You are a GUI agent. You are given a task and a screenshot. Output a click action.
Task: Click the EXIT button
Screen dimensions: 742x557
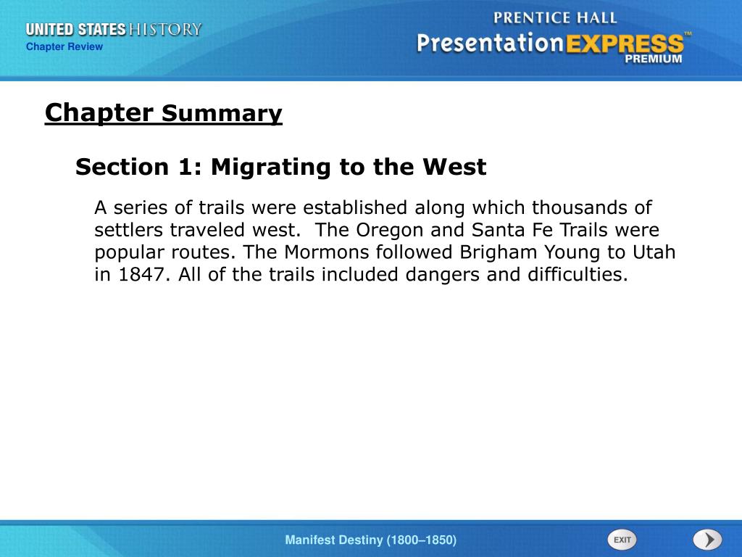click(622, 540)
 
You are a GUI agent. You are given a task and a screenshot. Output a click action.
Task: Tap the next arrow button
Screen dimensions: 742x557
click(708, 540)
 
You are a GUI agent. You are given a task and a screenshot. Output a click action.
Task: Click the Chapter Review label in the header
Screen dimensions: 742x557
click(64, 46)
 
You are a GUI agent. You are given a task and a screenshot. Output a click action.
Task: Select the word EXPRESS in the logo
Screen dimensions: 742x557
click(625, 44)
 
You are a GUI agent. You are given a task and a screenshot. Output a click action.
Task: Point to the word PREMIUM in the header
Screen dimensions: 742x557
click(654, 59)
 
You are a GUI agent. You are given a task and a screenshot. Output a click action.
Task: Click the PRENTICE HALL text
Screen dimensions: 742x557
click(555, 18)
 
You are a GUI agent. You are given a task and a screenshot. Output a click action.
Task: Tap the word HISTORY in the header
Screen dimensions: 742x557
click(165, 29)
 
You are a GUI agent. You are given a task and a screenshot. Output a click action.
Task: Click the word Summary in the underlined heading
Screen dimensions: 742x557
click(222, 114)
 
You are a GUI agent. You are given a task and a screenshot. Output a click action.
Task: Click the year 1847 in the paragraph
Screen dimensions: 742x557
click(141, 274)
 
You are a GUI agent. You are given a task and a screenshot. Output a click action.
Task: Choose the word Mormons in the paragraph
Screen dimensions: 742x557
click(327, 252)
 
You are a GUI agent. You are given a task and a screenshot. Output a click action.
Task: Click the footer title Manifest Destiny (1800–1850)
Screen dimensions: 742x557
click(371, 540)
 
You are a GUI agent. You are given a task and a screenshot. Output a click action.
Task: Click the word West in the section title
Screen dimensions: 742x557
click(454, 168)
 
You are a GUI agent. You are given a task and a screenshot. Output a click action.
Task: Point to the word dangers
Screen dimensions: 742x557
click(443, 275)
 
